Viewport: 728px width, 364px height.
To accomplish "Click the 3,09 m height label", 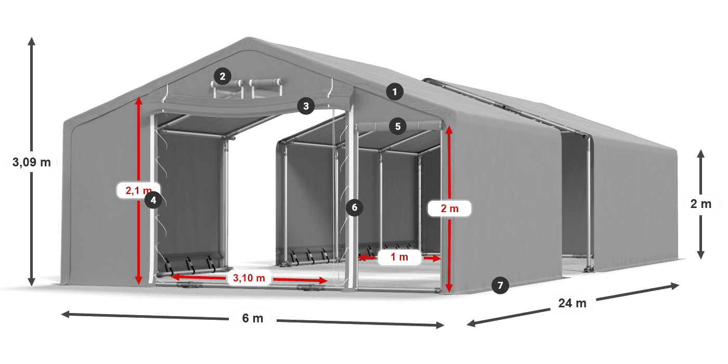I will [31, 162].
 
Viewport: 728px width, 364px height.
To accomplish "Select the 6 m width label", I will [253, 318].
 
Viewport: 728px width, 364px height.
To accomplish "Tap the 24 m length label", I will [572, 303].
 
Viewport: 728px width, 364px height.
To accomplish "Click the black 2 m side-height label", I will [700, 204].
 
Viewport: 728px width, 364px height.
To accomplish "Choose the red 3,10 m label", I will [249, 278].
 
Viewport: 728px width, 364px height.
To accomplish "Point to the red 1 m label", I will [399, 256].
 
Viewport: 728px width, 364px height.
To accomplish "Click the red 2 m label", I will [449, 209].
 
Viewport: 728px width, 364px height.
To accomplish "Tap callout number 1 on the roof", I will [395, 93].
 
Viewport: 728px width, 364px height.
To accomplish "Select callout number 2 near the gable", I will [222, 77].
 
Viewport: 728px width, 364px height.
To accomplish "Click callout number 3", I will [306, 106].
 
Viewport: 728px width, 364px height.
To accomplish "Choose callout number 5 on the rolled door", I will [398, 126].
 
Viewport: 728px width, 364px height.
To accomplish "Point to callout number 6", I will [355, 207].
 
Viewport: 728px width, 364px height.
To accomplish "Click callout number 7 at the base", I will [500, 285].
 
